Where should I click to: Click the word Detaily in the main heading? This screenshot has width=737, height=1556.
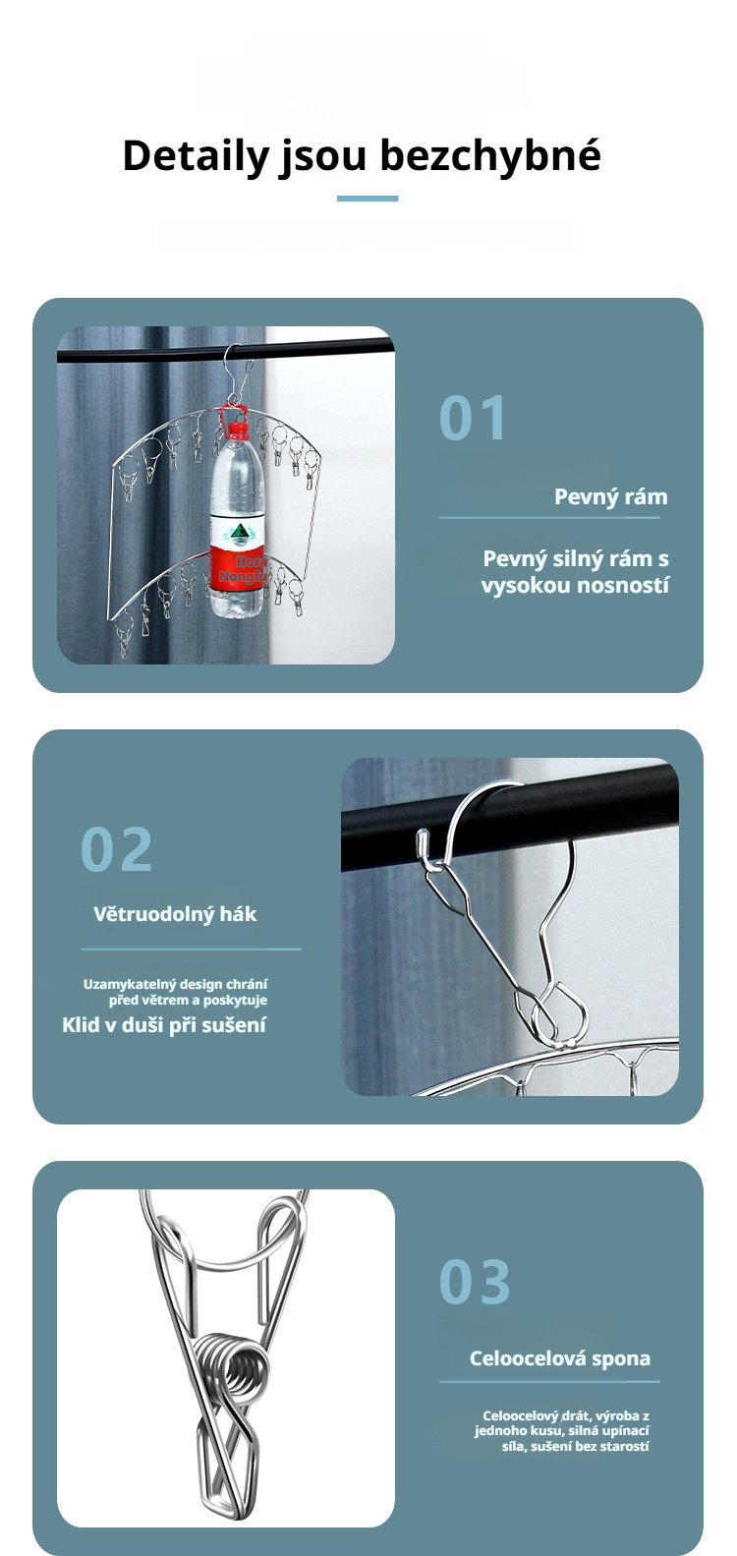(x=196, y=155)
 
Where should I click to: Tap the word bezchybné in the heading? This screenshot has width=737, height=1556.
(x=490, y=154)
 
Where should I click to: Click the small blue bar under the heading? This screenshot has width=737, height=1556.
(x=368, y=199)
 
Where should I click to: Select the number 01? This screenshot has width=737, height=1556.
(x=473, y=418)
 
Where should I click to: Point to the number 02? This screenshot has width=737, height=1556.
(x=116, y=849)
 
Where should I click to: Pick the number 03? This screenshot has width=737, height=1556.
(x=476, y=1282)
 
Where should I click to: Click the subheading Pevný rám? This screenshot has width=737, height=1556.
(x=610, y=496)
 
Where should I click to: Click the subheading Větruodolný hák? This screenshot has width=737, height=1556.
(x=175, y=913)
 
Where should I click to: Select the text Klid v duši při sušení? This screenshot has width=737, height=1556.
(x=164, y=1025)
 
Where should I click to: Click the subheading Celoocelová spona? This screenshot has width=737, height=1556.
(x=560, y=1358)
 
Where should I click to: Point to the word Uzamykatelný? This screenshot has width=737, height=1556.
(x=129, y=984)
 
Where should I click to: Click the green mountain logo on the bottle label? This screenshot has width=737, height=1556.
(x=239, y=533)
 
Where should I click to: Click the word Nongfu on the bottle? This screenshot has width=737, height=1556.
(x=243, y=576)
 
